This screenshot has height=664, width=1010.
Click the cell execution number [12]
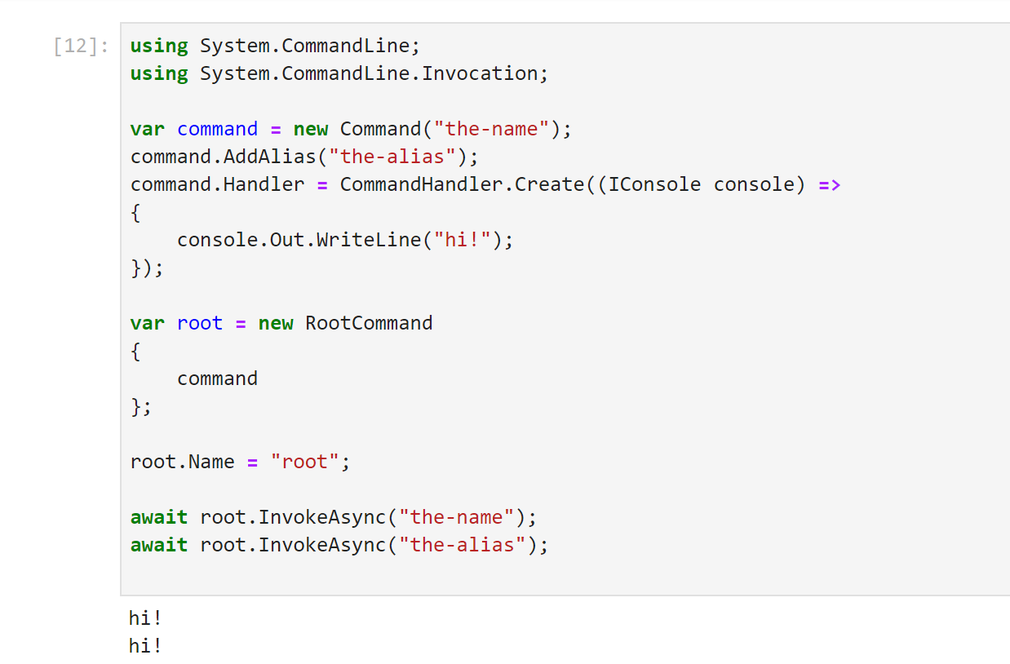point(81,46)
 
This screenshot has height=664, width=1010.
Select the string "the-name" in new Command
point(491,129)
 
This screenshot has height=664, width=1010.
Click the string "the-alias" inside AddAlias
point(397,157)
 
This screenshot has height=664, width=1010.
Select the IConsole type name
point(654,184)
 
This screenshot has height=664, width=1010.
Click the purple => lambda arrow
point(830,184)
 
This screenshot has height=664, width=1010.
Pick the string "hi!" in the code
point(462,240)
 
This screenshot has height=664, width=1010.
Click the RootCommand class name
point(369,323)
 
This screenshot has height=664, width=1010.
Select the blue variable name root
point(200,323)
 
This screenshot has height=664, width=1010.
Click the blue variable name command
point(217,129)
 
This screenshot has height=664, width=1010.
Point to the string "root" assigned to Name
point(304,462)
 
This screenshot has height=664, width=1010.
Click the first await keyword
point(159,517)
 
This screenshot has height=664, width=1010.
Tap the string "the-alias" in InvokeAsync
point(462,545)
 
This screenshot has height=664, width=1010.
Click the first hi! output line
point(146,618)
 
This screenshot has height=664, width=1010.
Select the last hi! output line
point(146,646)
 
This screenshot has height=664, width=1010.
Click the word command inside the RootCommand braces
point(217,378)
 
